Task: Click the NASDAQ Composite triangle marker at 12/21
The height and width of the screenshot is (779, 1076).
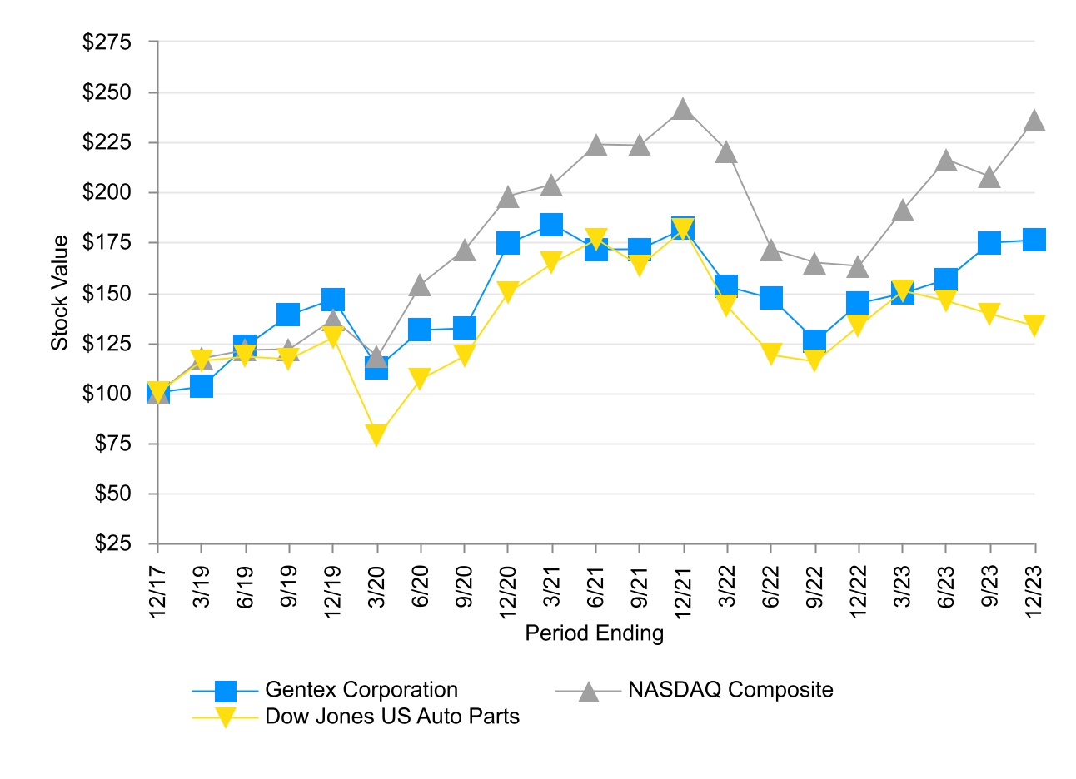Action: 684,109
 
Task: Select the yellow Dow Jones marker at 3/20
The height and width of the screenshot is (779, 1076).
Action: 376,434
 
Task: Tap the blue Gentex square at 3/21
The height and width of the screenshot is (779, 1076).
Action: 551,225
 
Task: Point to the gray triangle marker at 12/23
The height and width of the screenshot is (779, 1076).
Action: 1034,121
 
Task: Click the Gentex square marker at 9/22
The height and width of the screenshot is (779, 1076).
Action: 814,340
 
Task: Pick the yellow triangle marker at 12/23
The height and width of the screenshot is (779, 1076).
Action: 1034,325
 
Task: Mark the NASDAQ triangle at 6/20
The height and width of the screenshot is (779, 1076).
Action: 420,285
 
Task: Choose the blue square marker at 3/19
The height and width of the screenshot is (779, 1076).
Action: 202,386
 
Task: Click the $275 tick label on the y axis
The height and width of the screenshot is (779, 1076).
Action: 107,42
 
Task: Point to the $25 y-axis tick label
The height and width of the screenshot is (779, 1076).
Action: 112,543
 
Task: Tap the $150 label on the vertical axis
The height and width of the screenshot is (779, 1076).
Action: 107,293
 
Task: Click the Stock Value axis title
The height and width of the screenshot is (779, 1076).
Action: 60,293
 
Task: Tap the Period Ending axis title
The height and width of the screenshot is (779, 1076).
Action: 594,633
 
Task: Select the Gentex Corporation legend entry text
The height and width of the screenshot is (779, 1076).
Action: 361,690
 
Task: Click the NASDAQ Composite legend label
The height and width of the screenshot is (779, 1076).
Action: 730,690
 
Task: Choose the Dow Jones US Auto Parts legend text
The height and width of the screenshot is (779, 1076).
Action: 391,717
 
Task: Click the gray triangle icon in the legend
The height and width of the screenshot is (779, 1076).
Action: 589,691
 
